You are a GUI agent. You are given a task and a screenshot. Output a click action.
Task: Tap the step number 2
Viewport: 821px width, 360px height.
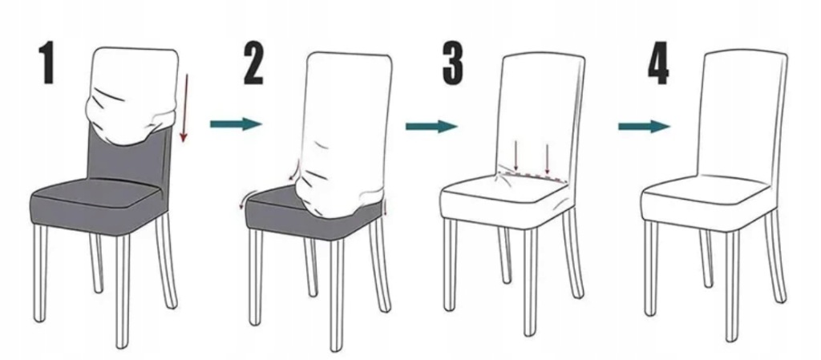(x=253, y=64)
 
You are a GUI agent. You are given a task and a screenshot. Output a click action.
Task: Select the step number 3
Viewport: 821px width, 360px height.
(x=453, y=63)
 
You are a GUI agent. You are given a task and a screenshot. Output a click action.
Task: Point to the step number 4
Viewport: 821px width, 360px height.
(x=659, y=65)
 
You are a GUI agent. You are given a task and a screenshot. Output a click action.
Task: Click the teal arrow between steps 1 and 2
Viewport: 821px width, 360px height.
(x=236, y=124)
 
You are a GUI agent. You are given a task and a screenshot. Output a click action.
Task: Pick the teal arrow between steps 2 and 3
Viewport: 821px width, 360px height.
(x=431, y=126)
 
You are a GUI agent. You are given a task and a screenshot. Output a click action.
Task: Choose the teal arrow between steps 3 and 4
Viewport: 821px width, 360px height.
(x=644, y=126)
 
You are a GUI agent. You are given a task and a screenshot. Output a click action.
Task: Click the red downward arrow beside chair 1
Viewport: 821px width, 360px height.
(x=184, y=107)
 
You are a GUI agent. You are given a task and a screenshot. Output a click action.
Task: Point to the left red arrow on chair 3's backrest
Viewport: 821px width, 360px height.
(x=516, y=155)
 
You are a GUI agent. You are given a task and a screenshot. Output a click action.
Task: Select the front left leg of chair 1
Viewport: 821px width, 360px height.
(x=40, y=272)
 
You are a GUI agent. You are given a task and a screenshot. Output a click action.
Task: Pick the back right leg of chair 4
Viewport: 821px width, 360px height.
(x=775, y=257)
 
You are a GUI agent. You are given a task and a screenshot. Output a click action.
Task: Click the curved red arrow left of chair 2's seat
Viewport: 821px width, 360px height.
(x=244, y=200)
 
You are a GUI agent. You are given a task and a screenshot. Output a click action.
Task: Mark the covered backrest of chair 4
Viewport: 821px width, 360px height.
(x=743, y=115)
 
